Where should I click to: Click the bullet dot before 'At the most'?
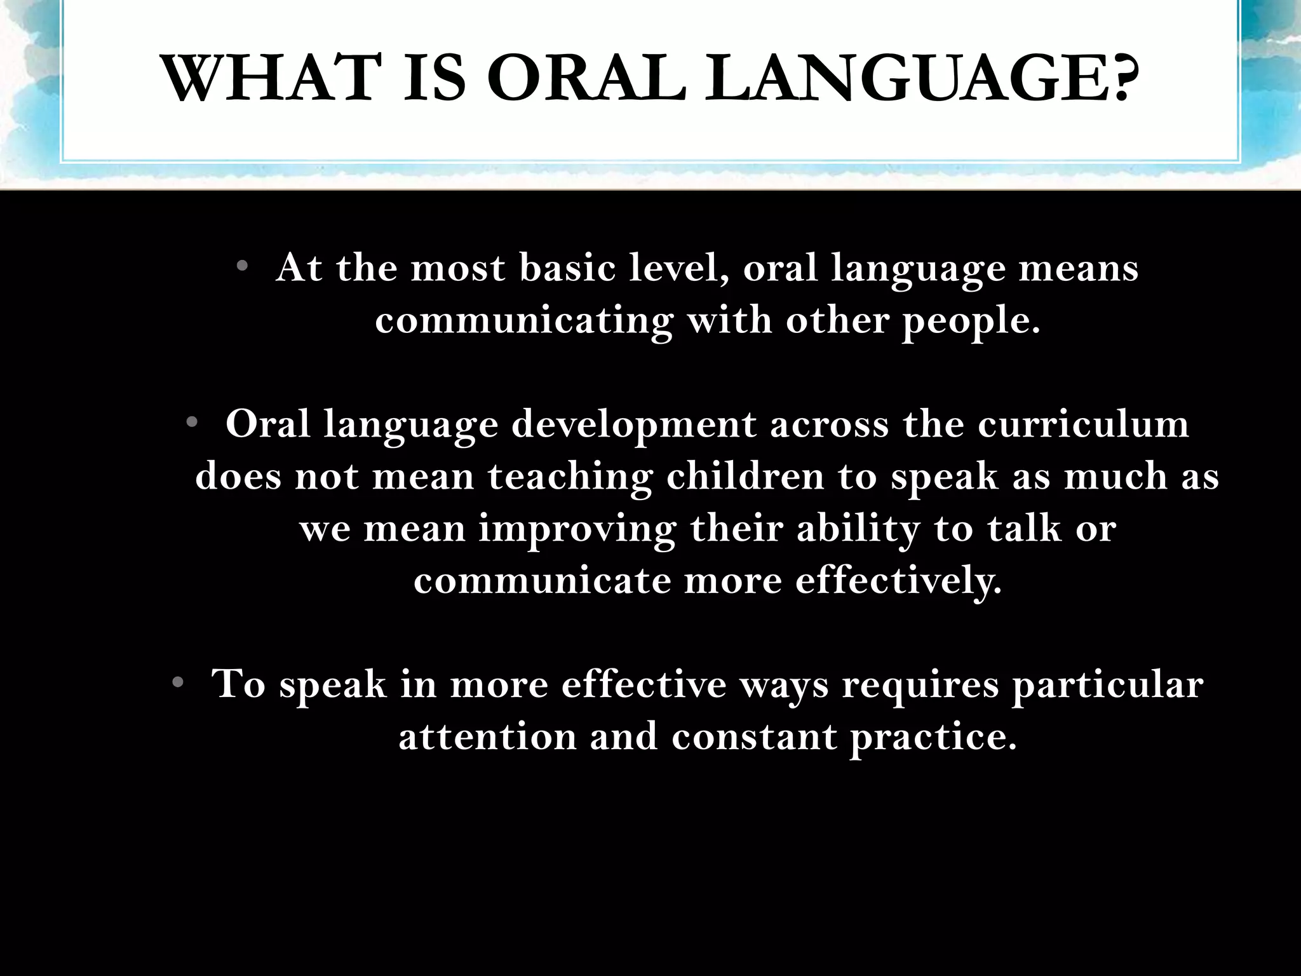pyautogui.click(x=241, y=266)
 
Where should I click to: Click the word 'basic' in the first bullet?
pyautogui.click(x=567, y=268)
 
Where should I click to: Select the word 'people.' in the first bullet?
pyautogui.click(x=971, y=321)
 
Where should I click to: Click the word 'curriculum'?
pyautogui.click(x=1082, y=424)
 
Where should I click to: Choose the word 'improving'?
pyautogui.click(x=577, y=529)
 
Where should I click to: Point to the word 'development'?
pyautogui.click(x=633, y=425)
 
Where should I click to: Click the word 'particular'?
pyautogui.click(x=1107, y=684)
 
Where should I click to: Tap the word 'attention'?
pyautogui.click(x=487, y=736)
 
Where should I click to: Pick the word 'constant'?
pyautogui.click(x=754, y=736)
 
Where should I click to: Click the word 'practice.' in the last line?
pyautogui.click(x=933, y=736)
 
